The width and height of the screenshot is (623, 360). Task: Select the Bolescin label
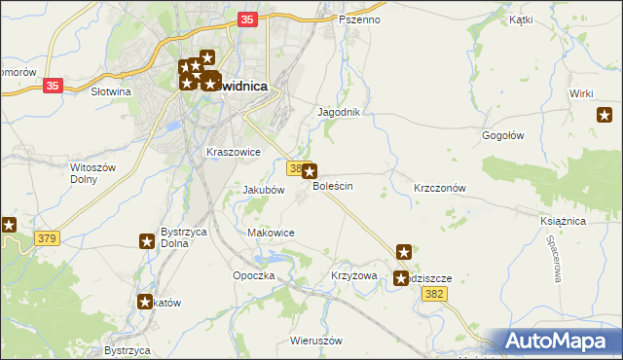(332, 186)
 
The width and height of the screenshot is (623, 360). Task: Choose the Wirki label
(582, 92)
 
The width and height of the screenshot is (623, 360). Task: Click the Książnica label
(562, 221)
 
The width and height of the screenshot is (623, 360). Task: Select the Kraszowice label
(234, 152)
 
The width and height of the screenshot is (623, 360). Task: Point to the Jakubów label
(263, 190)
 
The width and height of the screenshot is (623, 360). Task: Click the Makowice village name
(272, 233)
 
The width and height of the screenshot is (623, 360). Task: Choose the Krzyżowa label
(353, 275)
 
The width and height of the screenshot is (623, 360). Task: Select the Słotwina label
(110, 91)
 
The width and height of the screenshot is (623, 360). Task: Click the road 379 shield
(46, 238)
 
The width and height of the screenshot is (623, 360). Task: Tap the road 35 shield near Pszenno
(247, 19)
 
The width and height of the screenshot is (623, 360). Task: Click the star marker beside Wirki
(605, 116)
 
